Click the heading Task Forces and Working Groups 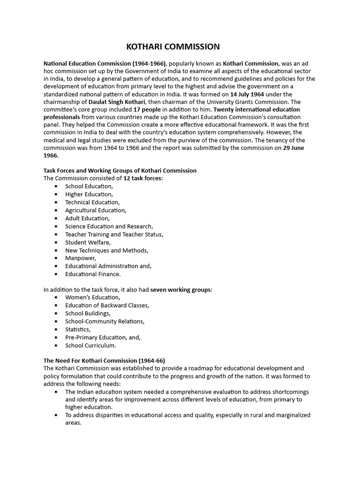click(x=120, y=171)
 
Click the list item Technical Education click(x=92, y=202)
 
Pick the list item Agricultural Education click(x=96, y=210)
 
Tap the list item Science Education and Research click(x=109, y=226)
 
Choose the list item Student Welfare click(x=88, y=242)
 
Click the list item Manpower click(x=81, y=258)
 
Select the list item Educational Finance click(x=93, y=274)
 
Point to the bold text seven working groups click(x=181, y=290)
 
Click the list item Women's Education click(x=92, y=298)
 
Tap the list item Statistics click(x=78, y=330)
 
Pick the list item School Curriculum click(x=90, y=345)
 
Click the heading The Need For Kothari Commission click(x=104, y=361)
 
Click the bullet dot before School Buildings click(x=56, y=314)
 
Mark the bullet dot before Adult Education click(x=56, y=218)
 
